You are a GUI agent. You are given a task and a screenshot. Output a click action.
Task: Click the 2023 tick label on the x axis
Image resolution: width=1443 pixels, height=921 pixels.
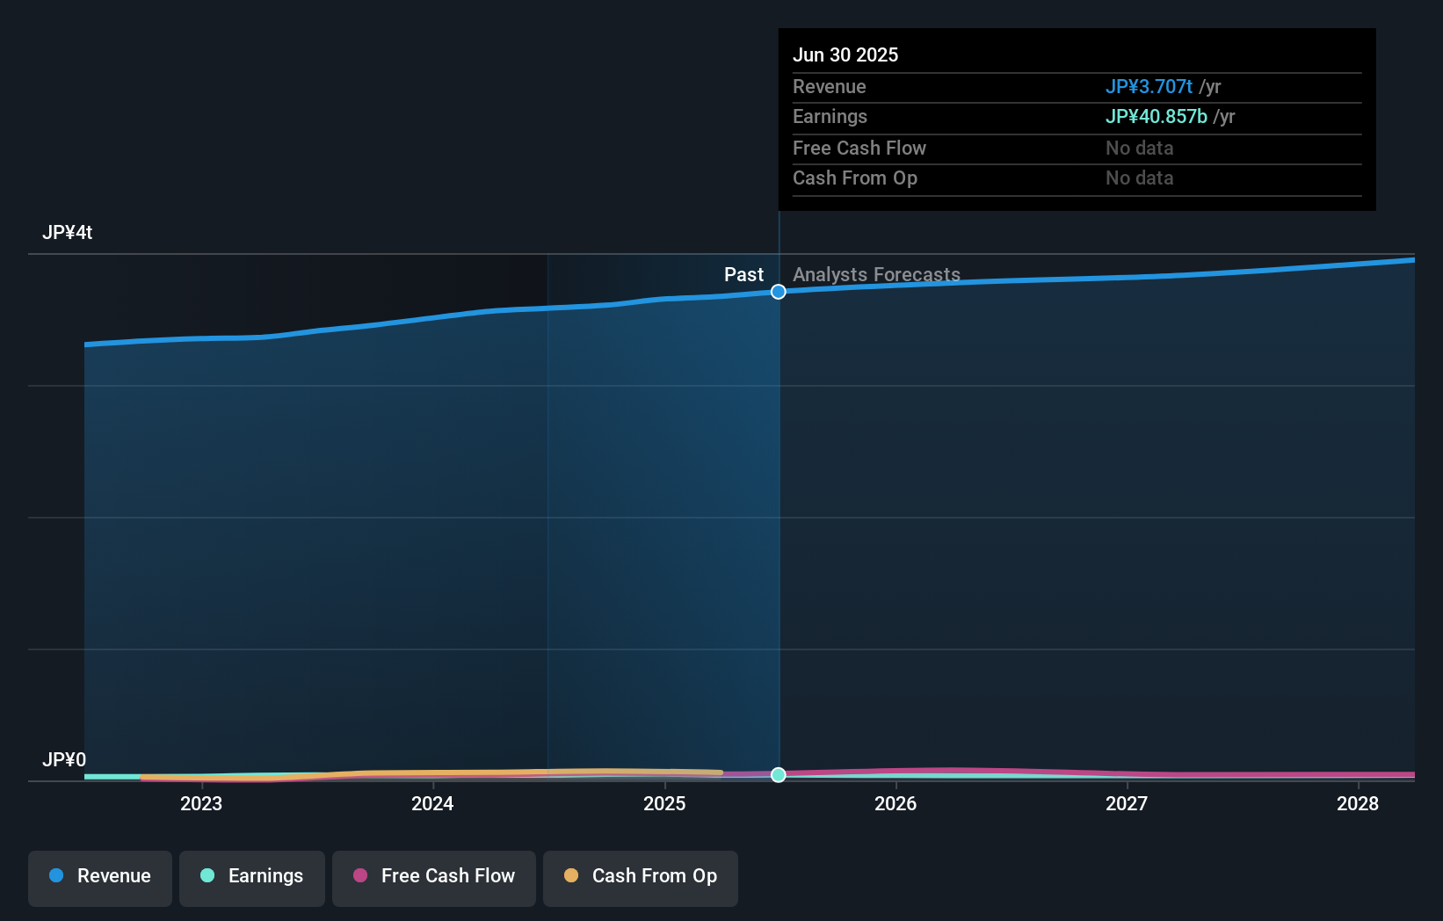pos(201,803)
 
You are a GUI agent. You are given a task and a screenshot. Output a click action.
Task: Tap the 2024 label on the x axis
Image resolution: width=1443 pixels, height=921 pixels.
pos(432,803)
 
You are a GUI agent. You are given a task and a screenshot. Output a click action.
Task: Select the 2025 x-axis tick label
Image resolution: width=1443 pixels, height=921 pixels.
pos(664,803)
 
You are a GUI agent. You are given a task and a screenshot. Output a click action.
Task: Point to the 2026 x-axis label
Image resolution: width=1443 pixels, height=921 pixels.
pos(896,803)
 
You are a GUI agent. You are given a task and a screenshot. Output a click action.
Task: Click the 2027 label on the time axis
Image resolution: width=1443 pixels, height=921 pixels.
pos(1127,803)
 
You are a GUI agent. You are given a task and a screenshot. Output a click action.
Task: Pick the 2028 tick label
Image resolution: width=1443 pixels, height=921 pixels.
pos(1358,803)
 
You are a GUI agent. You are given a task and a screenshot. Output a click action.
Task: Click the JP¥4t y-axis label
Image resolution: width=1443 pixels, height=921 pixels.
pos(68,232)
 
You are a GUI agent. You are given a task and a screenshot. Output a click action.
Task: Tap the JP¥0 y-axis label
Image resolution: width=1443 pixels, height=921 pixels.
pos(64,759)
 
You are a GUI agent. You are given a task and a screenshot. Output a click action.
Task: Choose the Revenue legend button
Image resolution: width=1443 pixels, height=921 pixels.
pos(100,876)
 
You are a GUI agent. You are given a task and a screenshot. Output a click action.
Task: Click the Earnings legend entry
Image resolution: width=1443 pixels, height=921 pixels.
pos(252,876)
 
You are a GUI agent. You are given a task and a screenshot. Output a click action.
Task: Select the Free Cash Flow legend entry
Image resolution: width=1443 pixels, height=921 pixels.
pos(434,876)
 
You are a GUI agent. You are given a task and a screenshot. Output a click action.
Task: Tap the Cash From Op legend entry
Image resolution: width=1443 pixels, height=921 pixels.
pos(641,876)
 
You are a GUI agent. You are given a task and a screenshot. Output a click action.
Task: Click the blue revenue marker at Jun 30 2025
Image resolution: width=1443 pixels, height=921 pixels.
pos(779,292)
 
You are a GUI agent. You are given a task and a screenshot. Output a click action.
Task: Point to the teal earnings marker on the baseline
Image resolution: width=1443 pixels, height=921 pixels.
pos(779,774)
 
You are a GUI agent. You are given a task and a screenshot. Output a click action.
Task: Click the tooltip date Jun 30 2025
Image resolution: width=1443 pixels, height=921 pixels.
pos(845,54)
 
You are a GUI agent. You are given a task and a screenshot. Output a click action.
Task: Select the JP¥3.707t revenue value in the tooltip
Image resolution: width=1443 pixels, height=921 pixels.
pos(1149,86)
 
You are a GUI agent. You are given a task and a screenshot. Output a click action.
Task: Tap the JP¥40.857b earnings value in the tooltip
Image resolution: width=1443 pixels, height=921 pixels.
pos(1156,116)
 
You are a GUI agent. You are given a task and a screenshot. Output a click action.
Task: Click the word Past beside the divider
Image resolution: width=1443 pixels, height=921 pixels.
pos(743,274)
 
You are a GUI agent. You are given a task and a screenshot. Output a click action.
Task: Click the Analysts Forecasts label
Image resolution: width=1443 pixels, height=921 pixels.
pos(876,274)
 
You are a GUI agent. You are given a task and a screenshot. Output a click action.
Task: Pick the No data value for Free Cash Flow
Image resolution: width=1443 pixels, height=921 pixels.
pos(1139,148)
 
